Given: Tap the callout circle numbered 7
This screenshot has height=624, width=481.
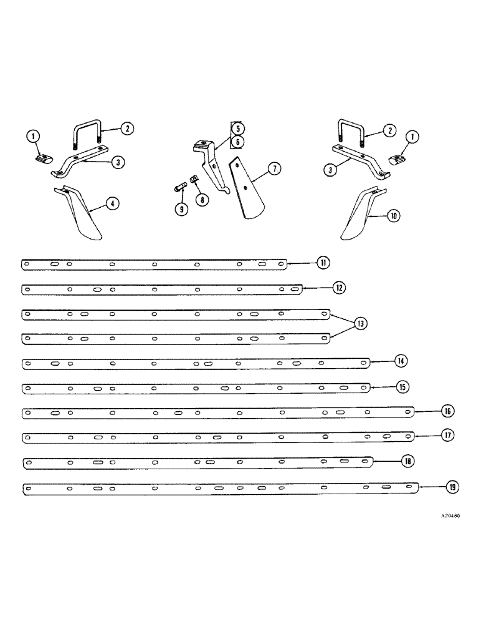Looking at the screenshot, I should [275, 169].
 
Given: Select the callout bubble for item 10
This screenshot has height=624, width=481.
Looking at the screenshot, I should [394, 216].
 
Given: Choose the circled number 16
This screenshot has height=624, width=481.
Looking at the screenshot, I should [447, 412].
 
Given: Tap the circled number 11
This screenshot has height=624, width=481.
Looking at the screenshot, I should [323, 263].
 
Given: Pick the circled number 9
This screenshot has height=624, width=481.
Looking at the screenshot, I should [181, 210].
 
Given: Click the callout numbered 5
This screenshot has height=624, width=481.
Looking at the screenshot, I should [238, 129].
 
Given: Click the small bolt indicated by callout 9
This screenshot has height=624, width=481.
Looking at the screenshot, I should [178, 187].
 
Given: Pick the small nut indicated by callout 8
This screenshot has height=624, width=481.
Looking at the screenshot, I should [193, 179].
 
